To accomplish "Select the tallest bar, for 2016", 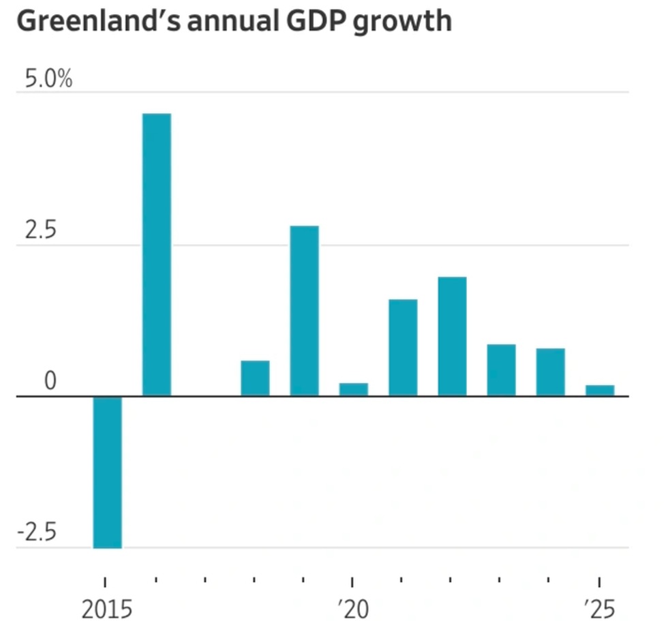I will [156, 254].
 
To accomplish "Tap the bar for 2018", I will [255, 378].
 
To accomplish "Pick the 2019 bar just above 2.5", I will [304, 310].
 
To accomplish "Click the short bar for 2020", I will [354, 389].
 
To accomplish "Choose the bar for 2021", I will [403, 347].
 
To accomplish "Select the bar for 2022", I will [452, 336].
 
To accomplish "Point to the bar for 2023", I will [501, 369].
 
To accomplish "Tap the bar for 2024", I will [550, 372].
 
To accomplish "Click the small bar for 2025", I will [600, 390].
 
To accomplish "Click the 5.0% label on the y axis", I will [48, 80].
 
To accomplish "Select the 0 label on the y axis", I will [50, 382].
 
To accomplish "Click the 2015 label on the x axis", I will [106, 608].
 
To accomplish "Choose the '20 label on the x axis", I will [352, 608].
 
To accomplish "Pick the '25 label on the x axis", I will [599, 608].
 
